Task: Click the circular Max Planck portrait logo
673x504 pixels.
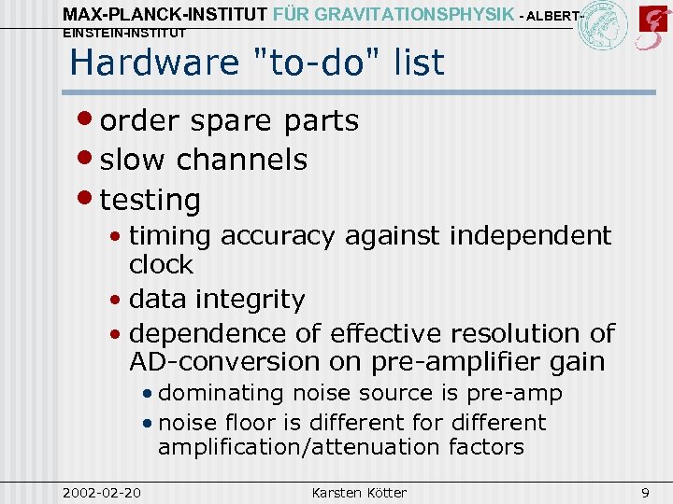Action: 603,25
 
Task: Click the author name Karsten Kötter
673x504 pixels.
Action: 359,492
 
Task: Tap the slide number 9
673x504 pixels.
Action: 645,492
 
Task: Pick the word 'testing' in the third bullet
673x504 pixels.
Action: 150,200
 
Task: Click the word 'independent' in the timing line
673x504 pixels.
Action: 530,235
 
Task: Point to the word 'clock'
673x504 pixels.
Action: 161,265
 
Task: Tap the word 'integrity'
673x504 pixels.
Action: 260,300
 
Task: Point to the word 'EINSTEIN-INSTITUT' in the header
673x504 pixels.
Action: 123,33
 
